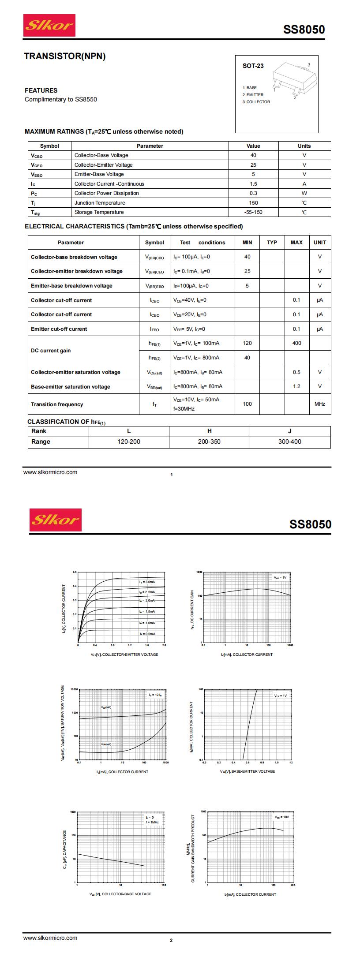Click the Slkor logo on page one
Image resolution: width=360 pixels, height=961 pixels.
coord(49,26)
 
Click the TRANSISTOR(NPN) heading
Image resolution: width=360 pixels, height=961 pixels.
coord(65,56)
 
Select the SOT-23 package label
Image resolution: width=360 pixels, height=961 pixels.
coord(253,66)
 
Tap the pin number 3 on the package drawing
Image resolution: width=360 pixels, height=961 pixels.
coord(308,65)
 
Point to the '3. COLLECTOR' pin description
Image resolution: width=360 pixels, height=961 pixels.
coord(256,102)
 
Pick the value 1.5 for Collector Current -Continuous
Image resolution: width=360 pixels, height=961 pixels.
coord(253,184)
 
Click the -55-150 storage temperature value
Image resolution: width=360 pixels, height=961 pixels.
coord(253,212)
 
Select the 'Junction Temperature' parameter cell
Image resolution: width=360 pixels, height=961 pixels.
coord(100,203)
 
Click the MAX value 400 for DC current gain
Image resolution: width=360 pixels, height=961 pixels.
coord(296,343)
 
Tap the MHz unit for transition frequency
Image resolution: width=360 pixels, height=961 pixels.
coord(319,404)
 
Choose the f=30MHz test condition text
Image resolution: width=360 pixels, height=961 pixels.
coord(184,409)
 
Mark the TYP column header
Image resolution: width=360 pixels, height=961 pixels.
coord(272,243)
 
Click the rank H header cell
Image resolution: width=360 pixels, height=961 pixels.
coord(210,431)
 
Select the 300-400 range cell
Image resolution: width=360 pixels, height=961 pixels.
coord(290,442)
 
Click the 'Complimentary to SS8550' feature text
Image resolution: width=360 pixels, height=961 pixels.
coord(61,100)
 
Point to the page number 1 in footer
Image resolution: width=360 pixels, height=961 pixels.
coord(172,475)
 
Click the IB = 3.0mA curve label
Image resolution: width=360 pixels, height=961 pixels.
coord(147,582)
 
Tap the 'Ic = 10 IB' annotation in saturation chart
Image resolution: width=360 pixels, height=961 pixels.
coord(155,695)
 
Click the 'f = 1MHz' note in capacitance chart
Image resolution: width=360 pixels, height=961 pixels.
coord(152,823)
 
